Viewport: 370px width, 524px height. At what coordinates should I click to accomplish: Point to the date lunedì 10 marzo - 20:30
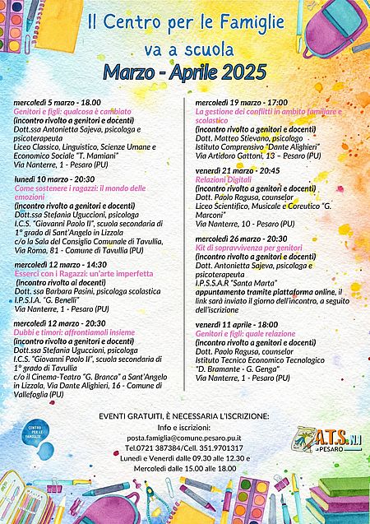[x=54, y=178]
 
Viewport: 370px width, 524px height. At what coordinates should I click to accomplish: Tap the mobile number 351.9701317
[x=221, y=448]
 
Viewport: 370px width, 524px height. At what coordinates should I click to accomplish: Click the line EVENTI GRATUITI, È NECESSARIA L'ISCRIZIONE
[x=186, y=418]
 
